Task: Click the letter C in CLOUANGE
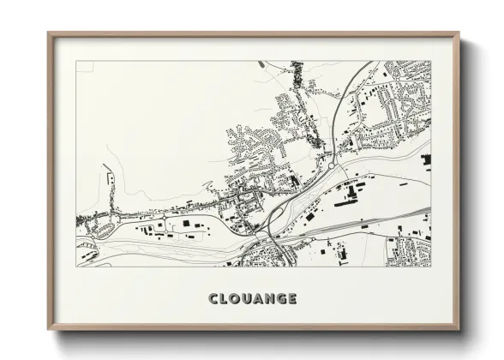coord(213,299)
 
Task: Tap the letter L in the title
coord(224,299)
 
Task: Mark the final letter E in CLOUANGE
coord(294,299)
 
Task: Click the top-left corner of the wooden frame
coord(48,33)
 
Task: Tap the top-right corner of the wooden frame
coord(459,33)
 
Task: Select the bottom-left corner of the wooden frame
coord(48,331)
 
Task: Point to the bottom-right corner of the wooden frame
coord(459,331)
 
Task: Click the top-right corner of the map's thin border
coord(431,61)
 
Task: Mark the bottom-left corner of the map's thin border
coord(76,267)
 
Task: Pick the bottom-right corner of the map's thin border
coord(431,267)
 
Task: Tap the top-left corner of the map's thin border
coord(76,61)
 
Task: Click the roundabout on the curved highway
coord(329,158)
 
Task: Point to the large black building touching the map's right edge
coord(426,159)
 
